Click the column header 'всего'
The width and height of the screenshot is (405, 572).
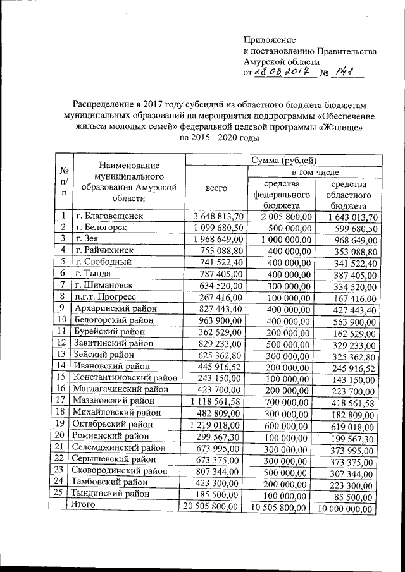pos(216,188)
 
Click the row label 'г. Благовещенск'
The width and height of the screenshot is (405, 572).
pos(109,217)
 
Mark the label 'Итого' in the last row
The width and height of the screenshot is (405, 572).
pos(83,505)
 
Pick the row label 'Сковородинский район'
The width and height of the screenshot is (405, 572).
pos(116,470)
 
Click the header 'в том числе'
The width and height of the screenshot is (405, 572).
pos(315,172)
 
